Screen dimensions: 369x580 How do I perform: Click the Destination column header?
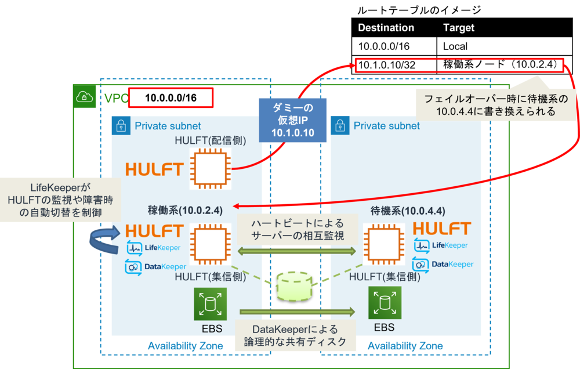pos(386,28)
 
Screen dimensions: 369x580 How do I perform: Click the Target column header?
pos(458,28)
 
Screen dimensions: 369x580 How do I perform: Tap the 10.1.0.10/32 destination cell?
pos(387,65)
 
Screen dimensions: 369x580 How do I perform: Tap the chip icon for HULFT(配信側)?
pos(210,169)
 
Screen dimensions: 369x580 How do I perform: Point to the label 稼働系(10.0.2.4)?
pos(186,210)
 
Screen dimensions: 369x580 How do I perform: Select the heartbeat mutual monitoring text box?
pos(297,230)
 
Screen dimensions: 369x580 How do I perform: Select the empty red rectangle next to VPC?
pos(171,98)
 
